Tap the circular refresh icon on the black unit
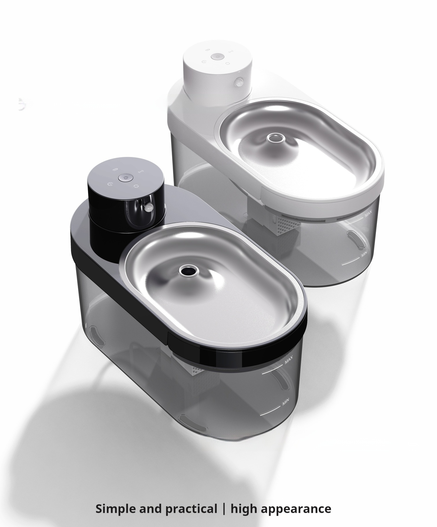click(x=136, y=186)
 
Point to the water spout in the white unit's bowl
click(x=275, y=138)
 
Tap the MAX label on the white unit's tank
click(x=368, y=214)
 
